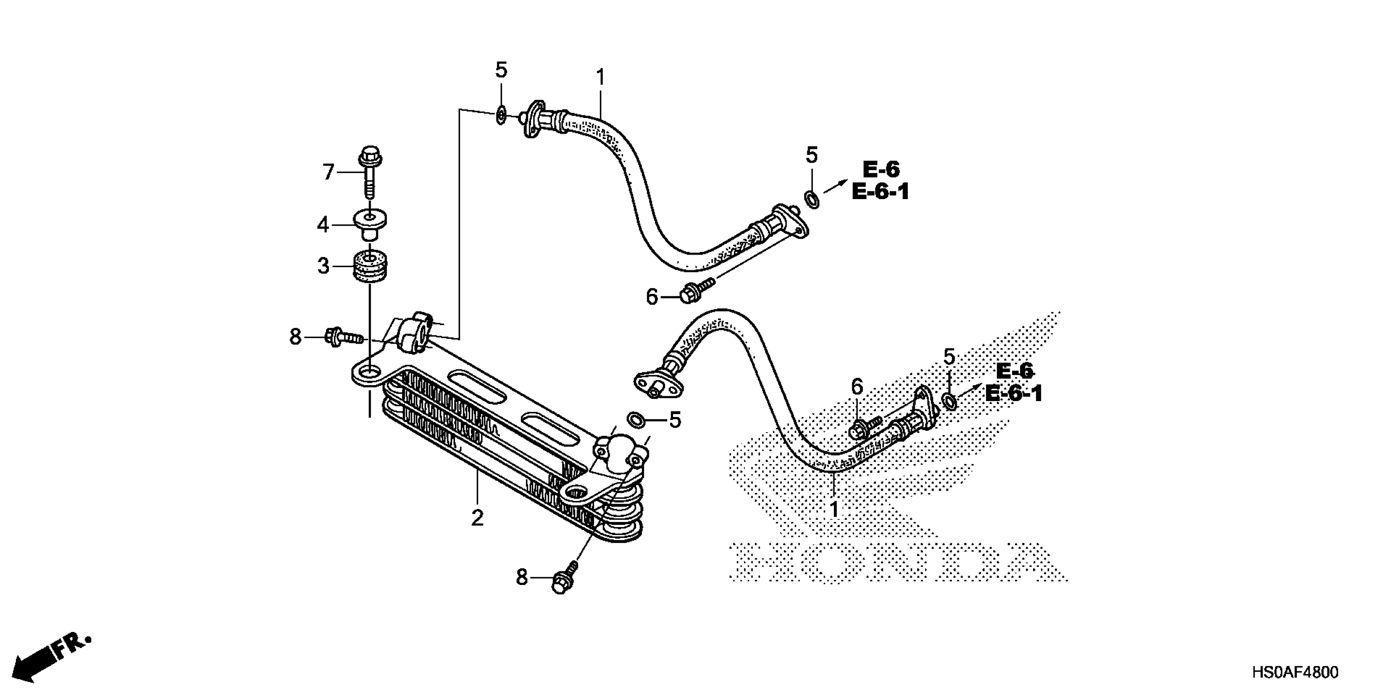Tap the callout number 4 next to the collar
click(x=323, y=224)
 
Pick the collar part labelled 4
click(x=370, y=222)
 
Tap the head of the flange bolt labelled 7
click(x=370, y=154)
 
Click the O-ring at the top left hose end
click(x=501, y=115)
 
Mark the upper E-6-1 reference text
click(x=880, y=192)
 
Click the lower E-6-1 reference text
click(x=1013, y=393)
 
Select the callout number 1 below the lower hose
click(x=834, y=509)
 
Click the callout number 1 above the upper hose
click(x=601, y=78)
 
